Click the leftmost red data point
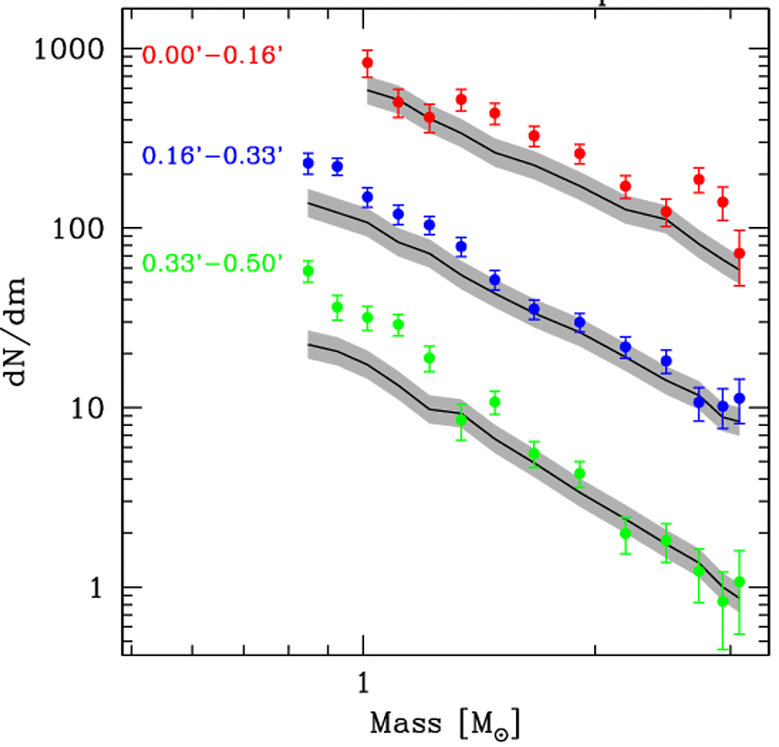click(367, 63)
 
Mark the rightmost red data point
click(739, 253)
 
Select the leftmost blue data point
click(308, 163)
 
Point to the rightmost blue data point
click(739, 398)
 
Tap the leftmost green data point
click(308, 272)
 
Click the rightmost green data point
click(739, 582)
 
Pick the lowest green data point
click(723, 601)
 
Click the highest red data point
click(367, 63)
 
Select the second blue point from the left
click(337, 166)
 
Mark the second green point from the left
click(337, 307)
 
